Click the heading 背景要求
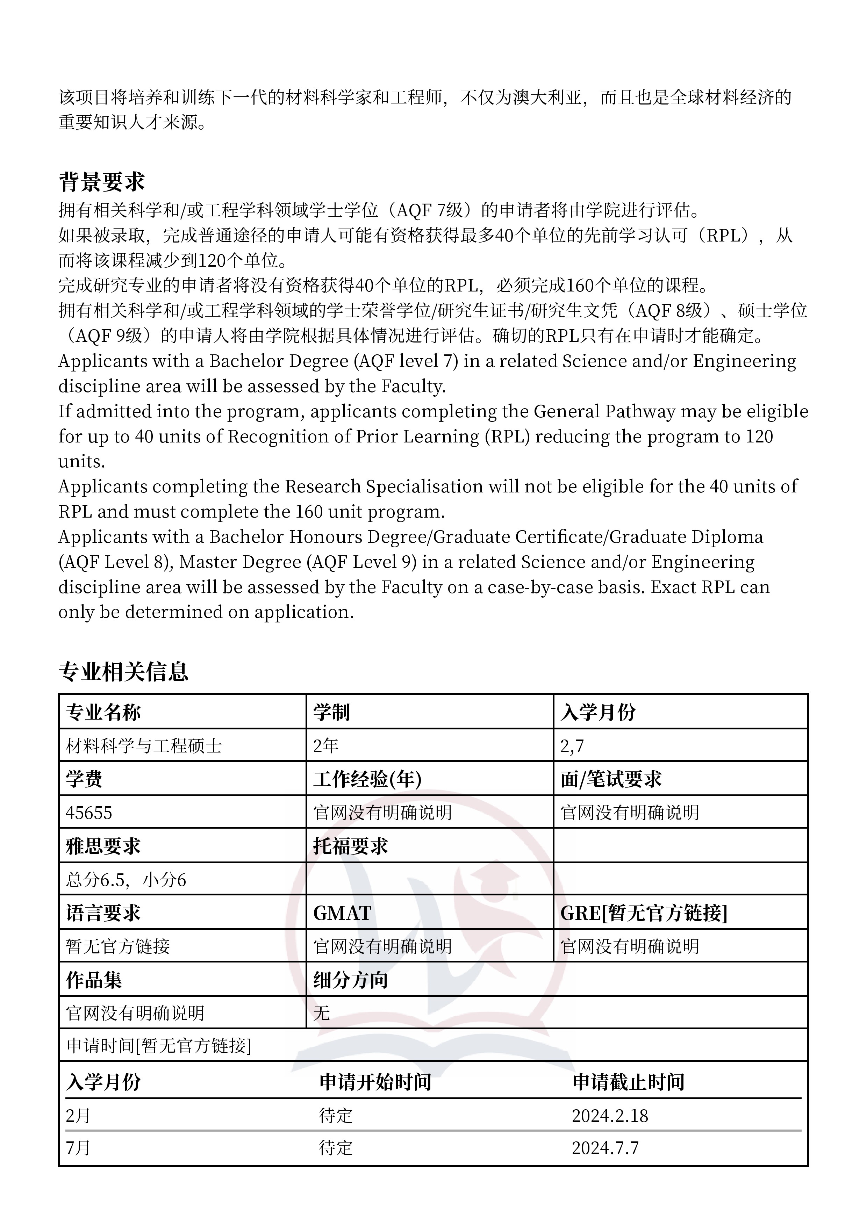(101, 182)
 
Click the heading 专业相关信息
(123, 672)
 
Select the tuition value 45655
(89, 813)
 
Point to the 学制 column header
(331, 712)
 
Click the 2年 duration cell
(326, 745)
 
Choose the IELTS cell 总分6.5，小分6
(126, 879)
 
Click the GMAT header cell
(342, 913)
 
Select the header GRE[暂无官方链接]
(644, 913)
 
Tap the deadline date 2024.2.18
(609, 1116)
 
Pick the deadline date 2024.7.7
(605, 1148)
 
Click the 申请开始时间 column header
(375, 1082)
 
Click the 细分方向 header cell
(350, 980)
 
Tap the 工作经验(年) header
(367, 779)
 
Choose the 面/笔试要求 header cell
(611, 779)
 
